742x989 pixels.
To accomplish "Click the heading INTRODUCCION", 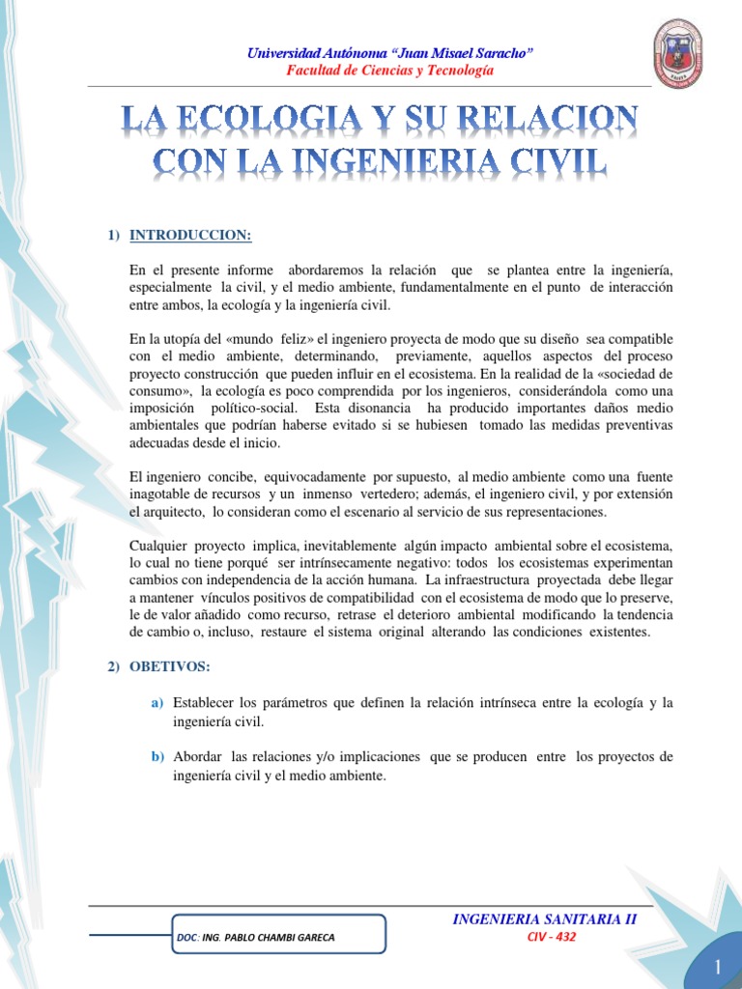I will click(190, 235).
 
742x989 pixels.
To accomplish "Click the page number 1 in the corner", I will click(719, 967).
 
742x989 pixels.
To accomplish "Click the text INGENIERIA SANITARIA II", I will click(545, 918).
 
